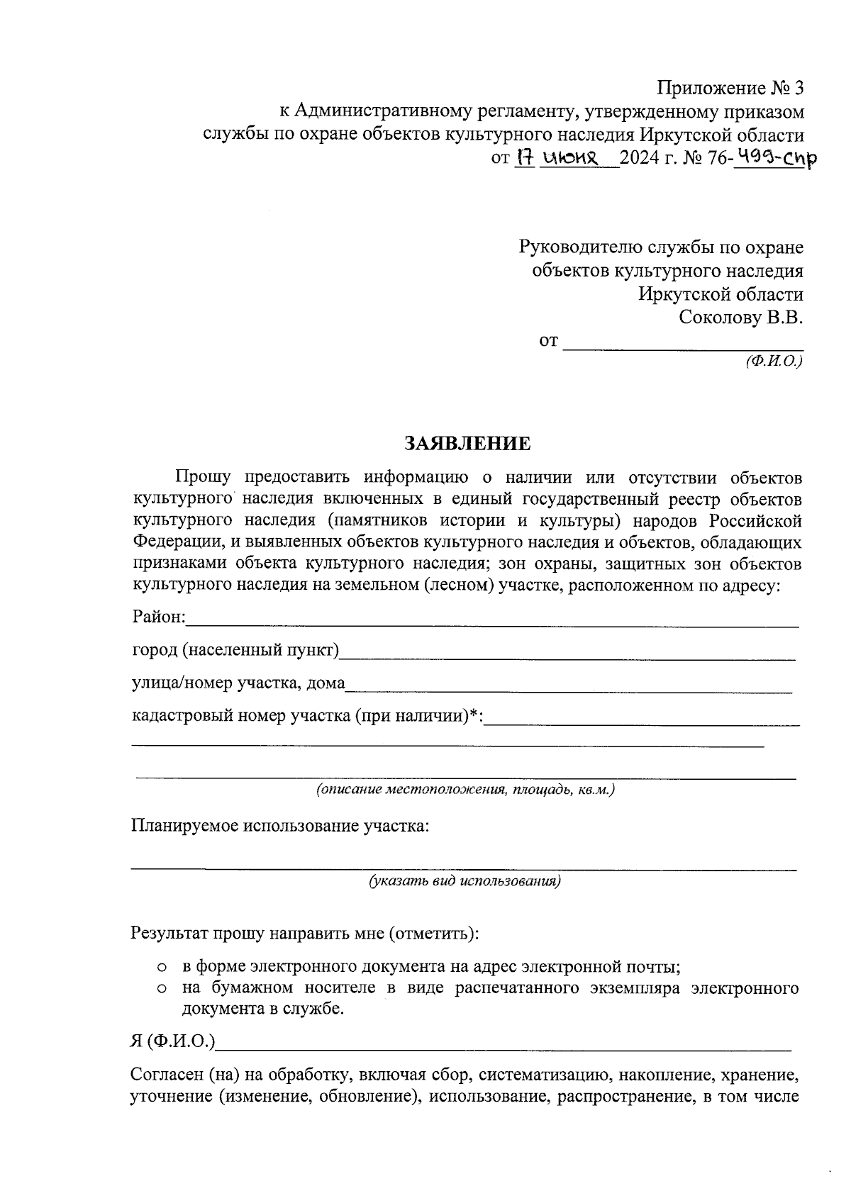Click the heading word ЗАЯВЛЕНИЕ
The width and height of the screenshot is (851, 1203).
[x=467, y=444]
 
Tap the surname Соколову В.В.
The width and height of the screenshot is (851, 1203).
[x=740, y=317]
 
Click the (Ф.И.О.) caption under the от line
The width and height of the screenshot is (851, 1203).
[x=773, y=360]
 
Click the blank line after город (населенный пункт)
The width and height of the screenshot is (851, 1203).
[x=567, y=659]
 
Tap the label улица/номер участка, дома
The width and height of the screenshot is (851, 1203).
[x=238, y=683]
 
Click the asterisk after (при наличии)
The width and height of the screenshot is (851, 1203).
[x=474, y=714]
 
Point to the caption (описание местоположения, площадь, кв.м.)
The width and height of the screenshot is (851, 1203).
[x=465, y=790]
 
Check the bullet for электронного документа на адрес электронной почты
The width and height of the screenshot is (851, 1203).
[x=162, y=967]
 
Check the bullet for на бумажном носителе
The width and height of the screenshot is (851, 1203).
[x=162, y=989]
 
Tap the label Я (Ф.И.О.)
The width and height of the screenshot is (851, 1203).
[x=173, y=1041]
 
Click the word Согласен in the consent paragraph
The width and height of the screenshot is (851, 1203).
[x=167, y=1075]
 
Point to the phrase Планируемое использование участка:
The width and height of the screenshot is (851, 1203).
[x=280, y=827]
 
